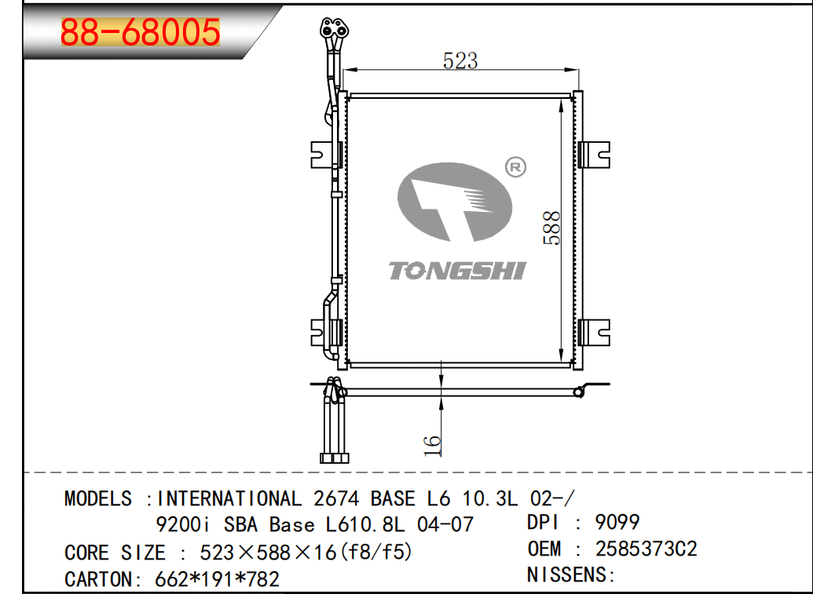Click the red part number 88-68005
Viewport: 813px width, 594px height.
141,32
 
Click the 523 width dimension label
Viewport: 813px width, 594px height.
460,60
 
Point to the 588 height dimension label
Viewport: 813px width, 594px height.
552,228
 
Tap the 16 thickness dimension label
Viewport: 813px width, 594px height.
432,446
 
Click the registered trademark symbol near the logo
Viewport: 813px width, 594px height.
515,167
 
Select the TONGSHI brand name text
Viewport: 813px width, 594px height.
457,271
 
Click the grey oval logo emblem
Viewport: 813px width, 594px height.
455,202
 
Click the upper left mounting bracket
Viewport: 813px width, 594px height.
325,155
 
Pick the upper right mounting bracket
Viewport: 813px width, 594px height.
594,155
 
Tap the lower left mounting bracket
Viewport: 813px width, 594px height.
325,333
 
